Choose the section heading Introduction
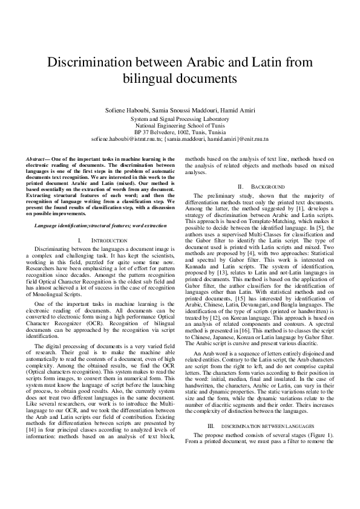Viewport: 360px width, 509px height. [x=103, y=241]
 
